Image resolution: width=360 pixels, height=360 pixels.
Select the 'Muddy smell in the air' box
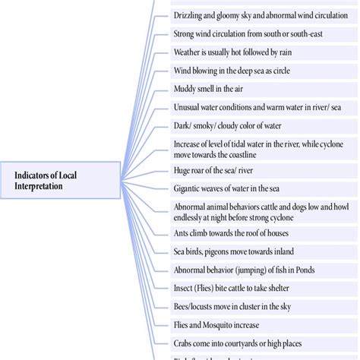[x=205, y=89]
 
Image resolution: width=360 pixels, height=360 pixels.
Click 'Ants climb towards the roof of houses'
[x=231, y=233]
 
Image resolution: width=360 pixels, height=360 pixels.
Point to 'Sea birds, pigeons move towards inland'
[x=233, y=251]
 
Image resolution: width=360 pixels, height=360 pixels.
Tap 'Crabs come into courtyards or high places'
[x=245, y=342]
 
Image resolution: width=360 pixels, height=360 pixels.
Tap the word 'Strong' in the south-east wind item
[x=187, y=33]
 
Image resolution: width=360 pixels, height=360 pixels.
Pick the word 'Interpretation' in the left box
[x=46, y=186]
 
